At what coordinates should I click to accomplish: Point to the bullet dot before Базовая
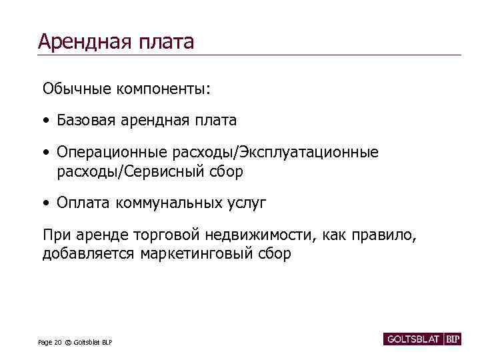click(x=45, y=121)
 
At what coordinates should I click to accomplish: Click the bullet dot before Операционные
click(x=45, y=153)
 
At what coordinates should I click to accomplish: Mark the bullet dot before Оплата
click(x=45, y=203)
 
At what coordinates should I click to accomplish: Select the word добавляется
click(x=89, y=254)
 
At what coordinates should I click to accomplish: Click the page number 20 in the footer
click(x=58, y=343)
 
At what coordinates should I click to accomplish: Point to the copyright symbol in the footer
click(x=68, y=343)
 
